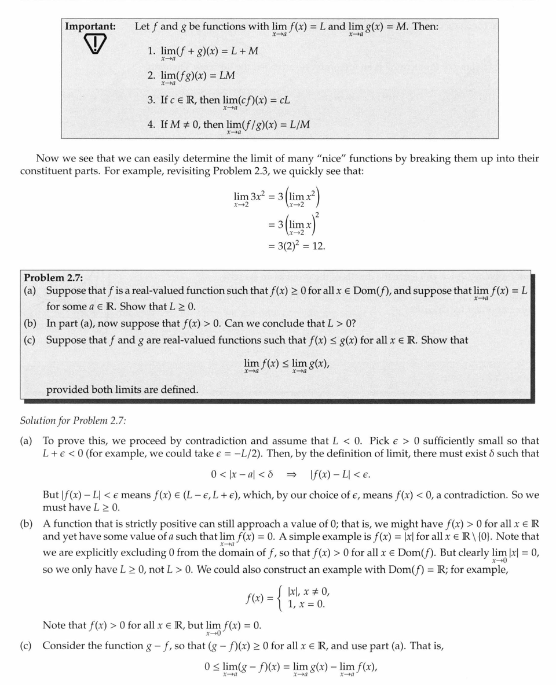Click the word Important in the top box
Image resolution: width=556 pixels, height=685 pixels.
pos(90,27)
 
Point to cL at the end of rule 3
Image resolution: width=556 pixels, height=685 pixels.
pos(284,100)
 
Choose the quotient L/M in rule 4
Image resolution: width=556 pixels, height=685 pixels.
pos(297,124)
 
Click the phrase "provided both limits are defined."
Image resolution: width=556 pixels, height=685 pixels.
pos(122,389)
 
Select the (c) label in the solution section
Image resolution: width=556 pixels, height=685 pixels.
pos(27,645)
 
